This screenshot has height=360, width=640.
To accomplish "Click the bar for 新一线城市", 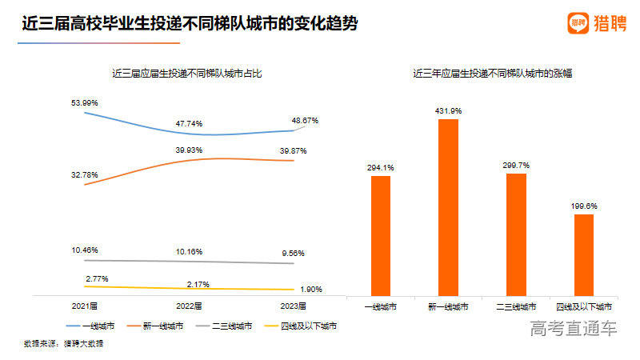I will coord(449,207).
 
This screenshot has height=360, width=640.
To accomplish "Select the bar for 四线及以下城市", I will coord(585,254).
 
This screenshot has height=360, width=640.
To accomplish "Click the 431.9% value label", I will coord(449,110).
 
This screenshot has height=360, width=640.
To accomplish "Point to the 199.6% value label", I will coord(585,206).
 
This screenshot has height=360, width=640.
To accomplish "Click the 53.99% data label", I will coord(85,102).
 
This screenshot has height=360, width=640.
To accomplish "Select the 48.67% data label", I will coord(305,121).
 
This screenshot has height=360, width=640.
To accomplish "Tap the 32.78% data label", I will coord(85,175).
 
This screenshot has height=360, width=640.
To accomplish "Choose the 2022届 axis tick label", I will coord(190,306).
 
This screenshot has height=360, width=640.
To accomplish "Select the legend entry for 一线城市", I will coord(95,326).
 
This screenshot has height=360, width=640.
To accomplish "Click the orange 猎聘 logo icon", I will coord(577,23).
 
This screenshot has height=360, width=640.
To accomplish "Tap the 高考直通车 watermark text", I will coord(574,328).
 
